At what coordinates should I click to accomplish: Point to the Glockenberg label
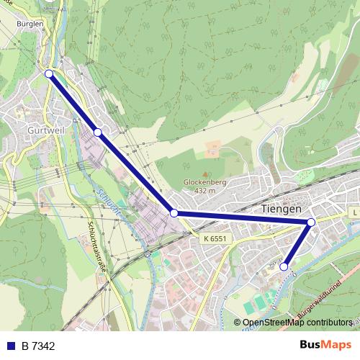[x=205, y=183]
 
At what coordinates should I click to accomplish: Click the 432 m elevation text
[x=205, y=191]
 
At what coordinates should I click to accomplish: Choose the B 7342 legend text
[x=38, y=346]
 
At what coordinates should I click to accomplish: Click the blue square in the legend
[x=11, y=346]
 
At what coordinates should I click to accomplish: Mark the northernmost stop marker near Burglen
[x=49, y=73]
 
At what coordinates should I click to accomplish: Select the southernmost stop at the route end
[x=284, y=266]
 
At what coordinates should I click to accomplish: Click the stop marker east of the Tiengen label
[x=311, y=222]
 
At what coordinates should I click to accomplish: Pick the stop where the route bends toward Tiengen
[x=174, y=213]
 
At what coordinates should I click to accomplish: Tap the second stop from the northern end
[x=97, y=132]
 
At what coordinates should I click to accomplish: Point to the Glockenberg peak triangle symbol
[x=205, y=174]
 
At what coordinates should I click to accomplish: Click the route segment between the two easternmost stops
[x=297, y=245]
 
